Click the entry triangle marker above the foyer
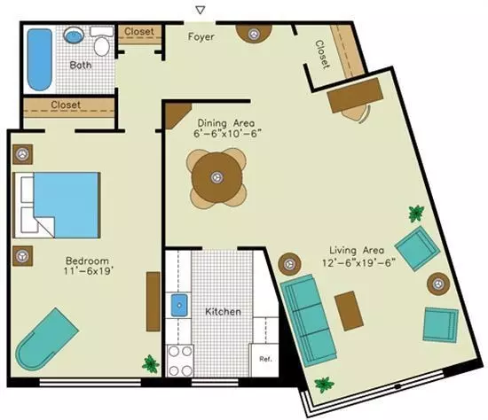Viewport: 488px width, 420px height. tap(201, 11)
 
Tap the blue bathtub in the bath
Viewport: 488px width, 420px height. tap(40, 59)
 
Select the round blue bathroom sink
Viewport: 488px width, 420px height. tap(74, 35)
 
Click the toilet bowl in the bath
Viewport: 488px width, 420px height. tap(102, 46)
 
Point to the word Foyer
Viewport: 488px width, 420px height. tap(201, 36)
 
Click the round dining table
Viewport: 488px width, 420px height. tap(216, 177)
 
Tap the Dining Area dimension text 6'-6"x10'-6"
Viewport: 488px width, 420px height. tap(227, 134)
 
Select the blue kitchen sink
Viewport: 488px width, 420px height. tap(179, 306)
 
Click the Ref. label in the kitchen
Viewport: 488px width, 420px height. tap(265, 359)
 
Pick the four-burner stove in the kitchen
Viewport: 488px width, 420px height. tap(180, 361)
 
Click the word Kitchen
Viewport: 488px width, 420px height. tap(223, 312)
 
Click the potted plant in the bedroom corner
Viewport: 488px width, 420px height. tap(151, 363)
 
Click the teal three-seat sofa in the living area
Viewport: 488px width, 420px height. tap(308, 320)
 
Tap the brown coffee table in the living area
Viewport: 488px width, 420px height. tap(349, 311)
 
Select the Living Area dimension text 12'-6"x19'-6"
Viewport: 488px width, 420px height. tap(358, 263)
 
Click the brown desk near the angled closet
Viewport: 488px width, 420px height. tap(355, 96)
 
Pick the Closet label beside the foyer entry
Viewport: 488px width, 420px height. tap(139, 31)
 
